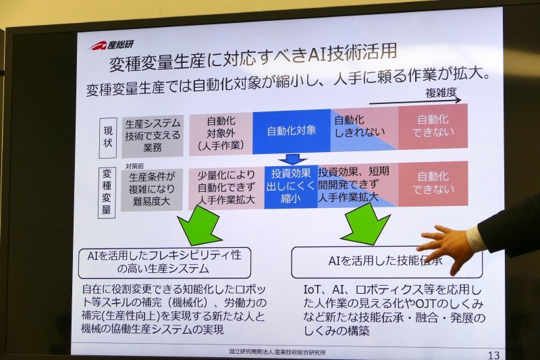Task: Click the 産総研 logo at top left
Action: tap(113, 46)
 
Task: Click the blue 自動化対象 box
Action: tap(292, 130)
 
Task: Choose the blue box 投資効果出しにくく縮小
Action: tap(291, 184)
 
